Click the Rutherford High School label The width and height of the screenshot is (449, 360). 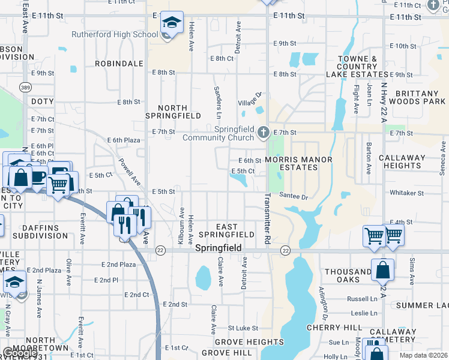[x=115, y=34]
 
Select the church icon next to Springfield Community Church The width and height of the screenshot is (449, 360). [x=263, y=132]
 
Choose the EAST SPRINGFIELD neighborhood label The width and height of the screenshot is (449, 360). [x=227, y=230]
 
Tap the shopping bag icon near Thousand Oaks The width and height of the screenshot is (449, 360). [x=382, y=270]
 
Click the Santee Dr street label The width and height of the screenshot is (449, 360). [x=294, y=197]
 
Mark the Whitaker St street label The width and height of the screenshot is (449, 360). [x=406, y=193]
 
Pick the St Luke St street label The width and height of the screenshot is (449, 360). [x=243, y=328]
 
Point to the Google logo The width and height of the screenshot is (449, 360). [x=20, y=353]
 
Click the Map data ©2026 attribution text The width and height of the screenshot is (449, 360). [x=423, y=355]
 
